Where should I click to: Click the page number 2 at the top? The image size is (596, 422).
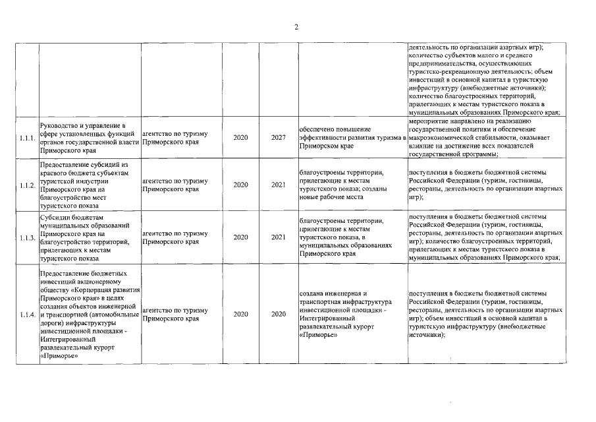click(x=296, y=27)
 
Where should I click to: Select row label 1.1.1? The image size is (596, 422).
click(x=28, y=138)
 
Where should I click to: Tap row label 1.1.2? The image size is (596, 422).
click(x=28, y=185)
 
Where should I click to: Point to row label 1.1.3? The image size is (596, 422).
click(x=28, y=237)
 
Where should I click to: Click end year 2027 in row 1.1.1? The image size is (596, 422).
click(x=278, y=138)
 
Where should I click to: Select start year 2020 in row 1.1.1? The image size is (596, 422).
click(x=240, y=138)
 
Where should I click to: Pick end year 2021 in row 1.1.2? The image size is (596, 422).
click(x=278, y=185)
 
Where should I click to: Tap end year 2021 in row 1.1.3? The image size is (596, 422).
click(x=278, y=237)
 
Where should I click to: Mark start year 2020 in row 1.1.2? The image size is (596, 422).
click(x=240, y=185)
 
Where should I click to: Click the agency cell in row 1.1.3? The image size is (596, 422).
click(x=171, y=237)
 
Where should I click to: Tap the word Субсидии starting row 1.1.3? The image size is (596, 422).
click(x=55, y=216)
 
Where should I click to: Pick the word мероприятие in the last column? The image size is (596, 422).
click(x=429, y=121)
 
